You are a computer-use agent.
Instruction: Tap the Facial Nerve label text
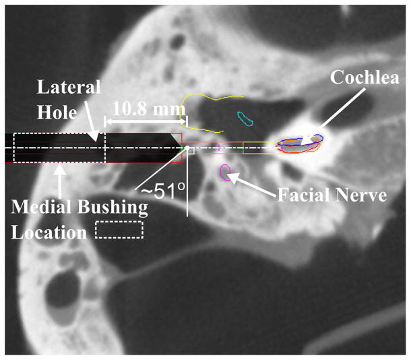pos(334,196)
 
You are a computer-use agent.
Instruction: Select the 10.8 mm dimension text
pos(146,108)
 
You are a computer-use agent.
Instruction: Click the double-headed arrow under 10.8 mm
pos(146,122)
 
